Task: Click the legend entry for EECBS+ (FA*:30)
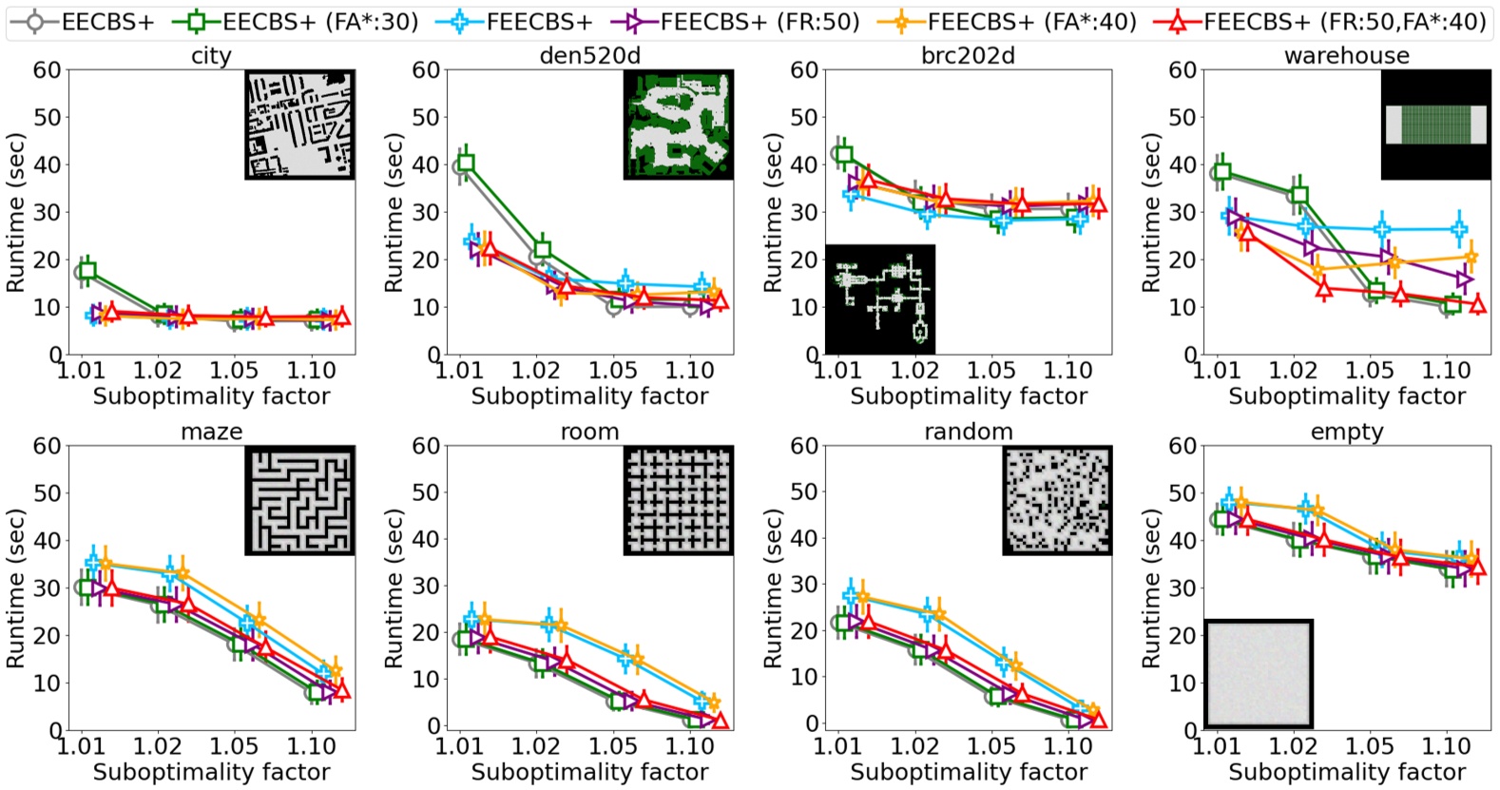(295, 21)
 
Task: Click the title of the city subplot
(211, 56)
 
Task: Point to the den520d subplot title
(589, 56)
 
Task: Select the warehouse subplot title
(1346, 56)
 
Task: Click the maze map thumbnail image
(299, 500)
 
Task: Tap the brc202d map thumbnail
(880, 299)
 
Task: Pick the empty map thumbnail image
(1259, 673)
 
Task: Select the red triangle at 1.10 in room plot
(720, 720)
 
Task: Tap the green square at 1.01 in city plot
(87, 271)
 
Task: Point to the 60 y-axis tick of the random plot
(804, 446)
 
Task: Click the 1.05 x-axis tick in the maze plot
(234, 746)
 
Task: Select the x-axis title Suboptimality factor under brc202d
(968, 396)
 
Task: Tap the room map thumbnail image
(678, 500)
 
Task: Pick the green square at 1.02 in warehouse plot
(1299, 196)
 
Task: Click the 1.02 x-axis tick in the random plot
(914, 746)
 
